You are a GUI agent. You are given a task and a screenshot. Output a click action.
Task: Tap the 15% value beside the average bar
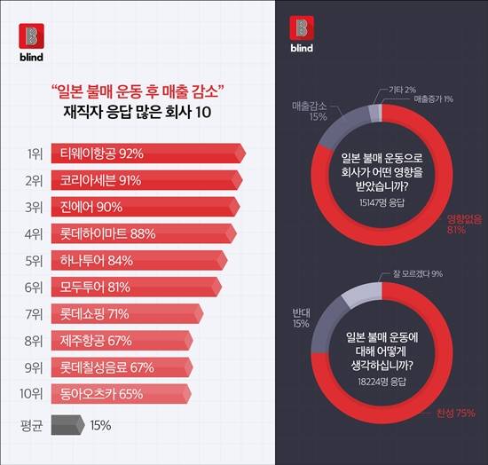[x=100, y=425]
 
